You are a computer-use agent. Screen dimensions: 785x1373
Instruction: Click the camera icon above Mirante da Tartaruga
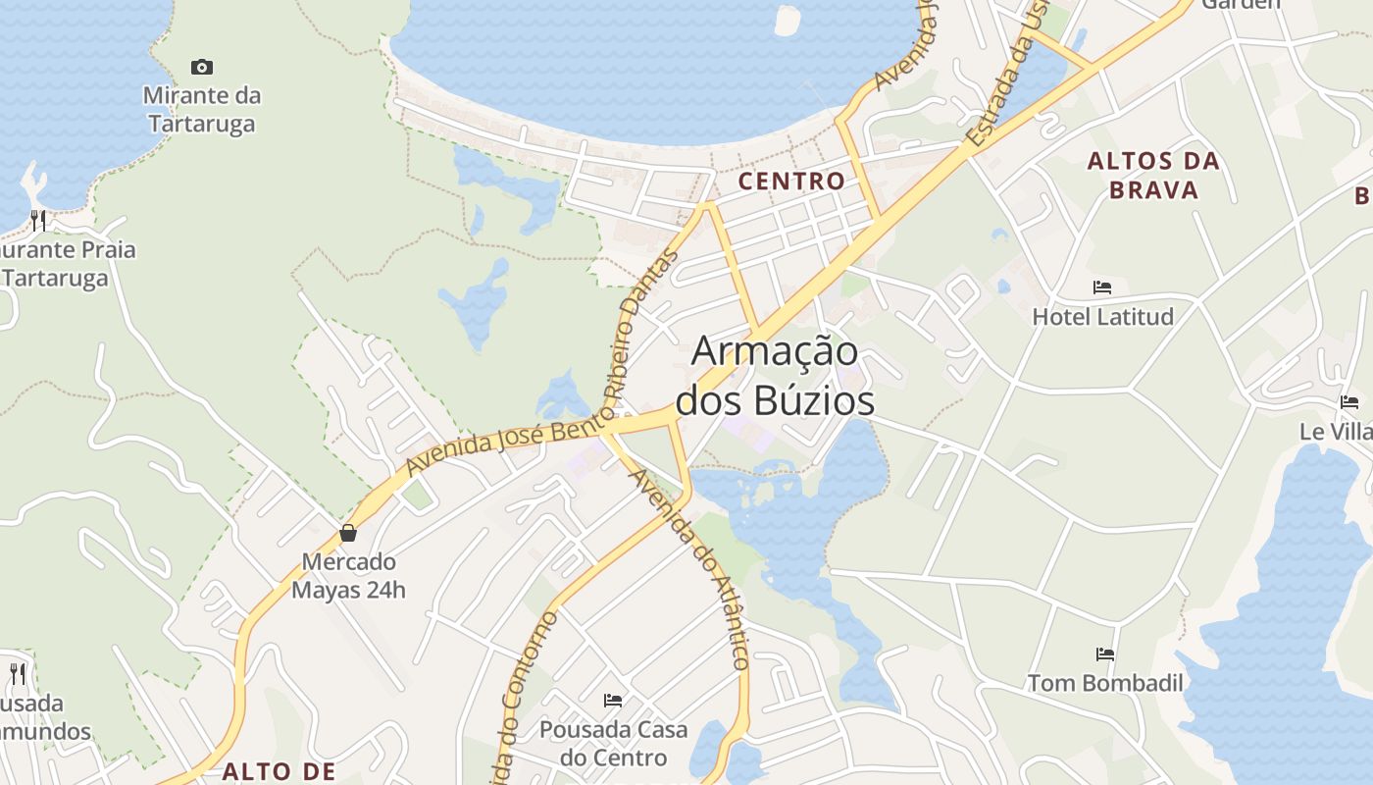[202, 67]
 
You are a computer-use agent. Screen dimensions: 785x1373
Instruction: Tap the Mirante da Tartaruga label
[202, 110]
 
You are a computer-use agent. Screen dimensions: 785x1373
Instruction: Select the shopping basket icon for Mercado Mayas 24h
[348, 533]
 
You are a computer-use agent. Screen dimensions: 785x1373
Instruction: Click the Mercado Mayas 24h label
[348, 576]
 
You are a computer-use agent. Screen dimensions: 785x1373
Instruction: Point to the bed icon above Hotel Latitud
[1102, 288]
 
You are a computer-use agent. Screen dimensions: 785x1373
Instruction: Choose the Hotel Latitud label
[1102, 316]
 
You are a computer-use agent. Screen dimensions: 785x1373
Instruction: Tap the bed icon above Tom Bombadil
[1105, 654]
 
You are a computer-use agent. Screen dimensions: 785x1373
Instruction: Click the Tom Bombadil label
[1105, 683]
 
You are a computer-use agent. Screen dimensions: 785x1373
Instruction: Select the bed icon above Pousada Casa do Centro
[613, 701]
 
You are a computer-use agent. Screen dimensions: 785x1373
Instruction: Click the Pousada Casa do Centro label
[613, 744]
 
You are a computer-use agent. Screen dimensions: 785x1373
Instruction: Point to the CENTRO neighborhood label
[791, 181]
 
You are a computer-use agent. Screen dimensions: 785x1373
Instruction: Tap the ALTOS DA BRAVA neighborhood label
[1154, 175]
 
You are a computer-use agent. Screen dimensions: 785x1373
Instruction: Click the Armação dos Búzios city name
[776, 375]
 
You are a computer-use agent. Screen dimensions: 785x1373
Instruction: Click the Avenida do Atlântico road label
[690, 569]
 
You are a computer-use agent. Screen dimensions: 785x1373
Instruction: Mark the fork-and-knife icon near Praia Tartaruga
[38, 220]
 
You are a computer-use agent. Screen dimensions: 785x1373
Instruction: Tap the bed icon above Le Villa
[1349, 402]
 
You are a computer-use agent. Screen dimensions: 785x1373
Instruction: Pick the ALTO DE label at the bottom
[279, 771]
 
